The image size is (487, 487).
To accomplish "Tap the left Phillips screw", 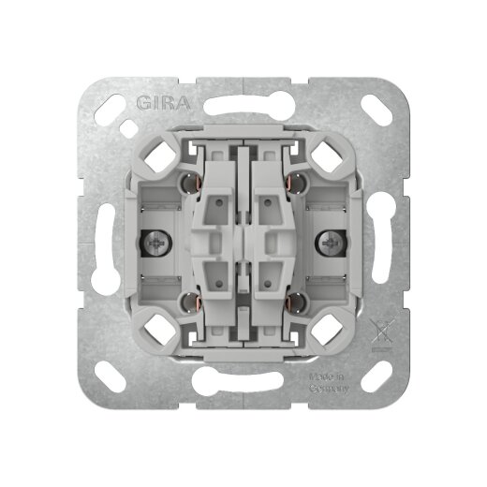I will [155, 244].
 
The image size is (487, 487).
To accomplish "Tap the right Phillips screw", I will [332, 244].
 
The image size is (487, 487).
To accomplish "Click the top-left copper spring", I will [191, 180].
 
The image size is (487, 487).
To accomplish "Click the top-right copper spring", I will [296, 180].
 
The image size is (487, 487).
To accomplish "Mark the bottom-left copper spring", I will [191, 303].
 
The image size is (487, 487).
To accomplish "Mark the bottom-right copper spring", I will [296, 303].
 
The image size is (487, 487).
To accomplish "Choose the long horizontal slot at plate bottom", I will [243, 382].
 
